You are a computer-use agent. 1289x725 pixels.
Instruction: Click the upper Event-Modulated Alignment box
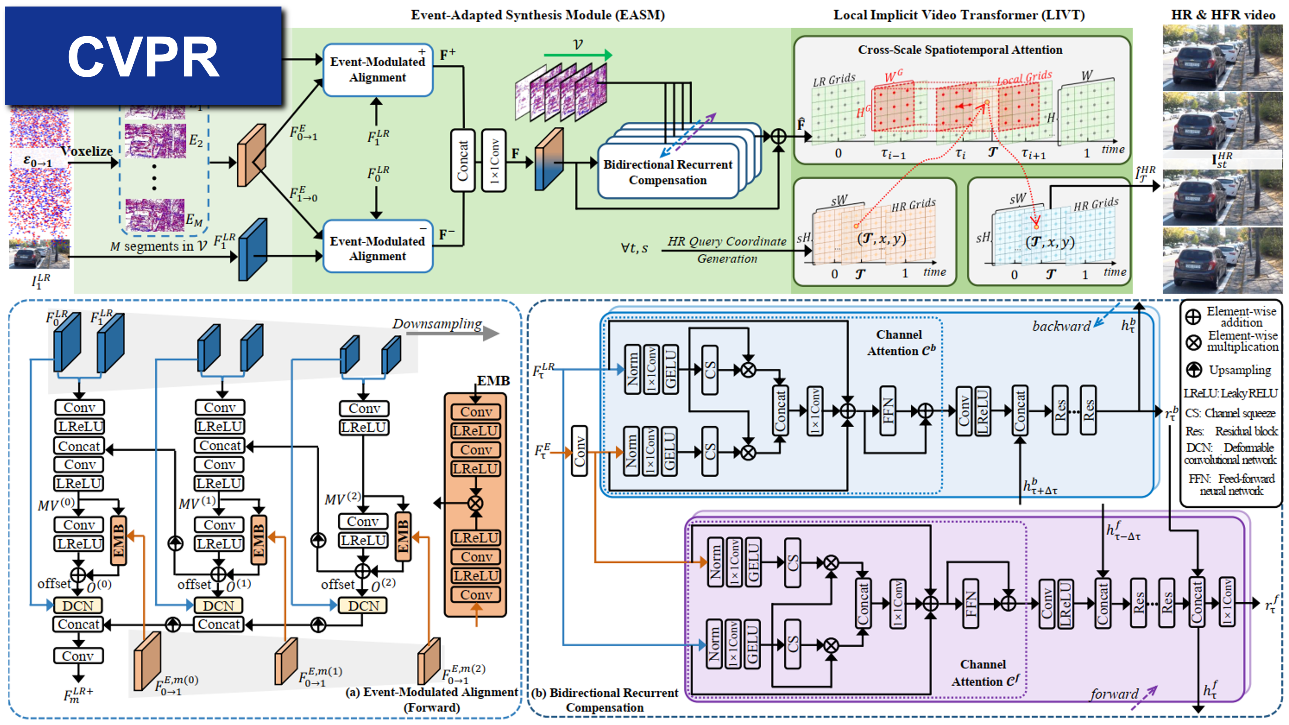click(x=378, y=70)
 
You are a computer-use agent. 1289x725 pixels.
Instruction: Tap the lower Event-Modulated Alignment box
click(x=378, y=248)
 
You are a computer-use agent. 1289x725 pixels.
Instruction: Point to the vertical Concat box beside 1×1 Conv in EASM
click(x=463, y=160)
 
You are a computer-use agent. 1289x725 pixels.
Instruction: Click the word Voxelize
click(x=87, y=151)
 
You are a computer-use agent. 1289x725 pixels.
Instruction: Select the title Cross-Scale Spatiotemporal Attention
click(x=960, y=50)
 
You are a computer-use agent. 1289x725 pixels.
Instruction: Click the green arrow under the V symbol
click(x=578, y=55)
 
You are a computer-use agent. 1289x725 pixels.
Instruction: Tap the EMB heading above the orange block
click(x=493, y=381)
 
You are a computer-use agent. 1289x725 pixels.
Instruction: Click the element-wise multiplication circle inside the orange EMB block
click(x=475, y=503)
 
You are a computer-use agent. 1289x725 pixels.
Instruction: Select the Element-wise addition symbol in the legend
click(x=1193, y=316)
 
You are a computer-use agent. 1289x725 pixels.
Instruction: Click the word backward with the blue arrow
click(x=1061, y=326)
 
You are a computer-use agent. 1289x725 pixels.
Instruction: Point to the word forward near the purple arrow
click(x=1114, y=694)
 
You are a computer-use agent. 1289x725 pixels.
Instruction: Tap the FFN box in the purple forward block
click(x=971, y=603)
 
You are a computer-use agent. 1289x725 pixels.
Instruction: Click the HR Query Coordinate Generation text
click(x=726, y=250)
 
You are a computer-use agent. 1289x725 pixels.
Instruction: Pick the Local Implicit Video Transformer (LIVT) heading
click(x=959, y=15)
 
